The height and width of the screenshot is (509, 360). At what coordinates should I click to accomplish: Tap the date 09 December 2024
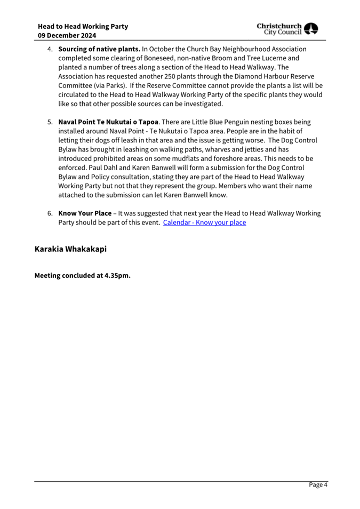(67, 36)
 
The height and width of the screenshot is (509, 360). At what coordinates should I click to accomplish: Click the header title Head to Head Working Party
(83, 26)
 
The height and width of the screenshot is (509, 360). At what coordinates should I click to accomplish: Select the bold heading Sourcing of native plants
(99, 49)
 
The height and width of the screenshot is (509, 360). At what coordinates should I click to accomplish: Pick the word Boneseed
(149, 58)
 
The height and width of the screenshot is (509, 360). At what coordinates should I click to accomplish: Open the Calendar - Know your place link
(204, 222)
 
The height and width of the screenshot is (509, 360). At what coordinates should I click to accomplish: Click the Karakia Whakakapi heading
(70, 249)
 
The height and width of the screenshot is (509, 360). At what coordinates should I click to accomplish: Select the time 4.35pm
(117, 276)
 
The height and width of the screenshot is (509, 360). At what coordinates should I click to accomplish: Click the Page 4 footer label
(318, 485)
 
